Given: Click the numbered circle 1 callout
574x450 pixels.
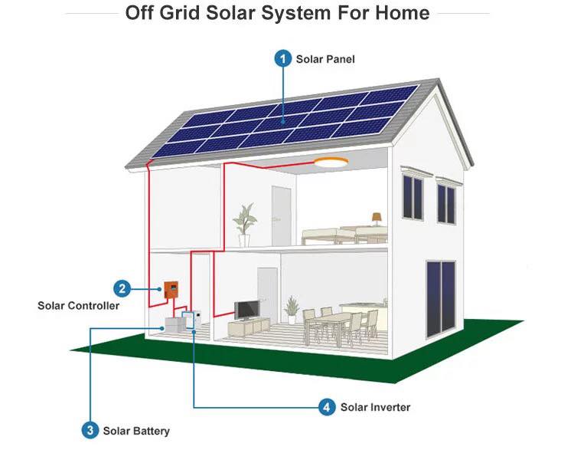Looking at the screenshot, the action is tap(282, 59).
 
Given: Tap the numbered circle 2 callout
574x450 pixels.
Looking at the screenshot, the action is tap(122, 289).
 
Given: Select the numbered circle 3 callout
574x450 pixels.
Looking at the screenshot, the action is tap(90, 430).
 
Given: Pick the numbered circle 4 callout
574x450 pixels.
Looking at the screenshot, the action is tap(327, 407).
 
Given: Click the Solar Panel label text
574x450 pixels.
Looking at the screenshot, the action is tap(325, 59).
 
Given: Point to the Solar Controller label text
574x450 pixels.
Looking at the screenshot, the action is tap(78, 306).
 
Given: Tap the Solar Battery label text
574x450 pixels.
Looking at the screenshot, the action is tap(136, 431).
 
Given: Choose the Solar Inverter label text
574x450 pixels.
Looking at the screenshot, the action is tap(375, 407).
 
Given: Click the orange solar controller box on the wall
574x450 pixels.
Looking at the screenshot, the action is tap(171, 290).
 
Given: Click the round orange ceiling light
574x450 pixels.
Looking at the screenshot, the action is tap(331, 162).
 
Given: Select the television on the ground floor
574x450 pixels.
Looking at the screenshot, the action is tap(247, 310).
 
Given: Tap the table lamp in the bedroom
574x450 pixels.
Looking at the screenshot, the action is tap(377, 219).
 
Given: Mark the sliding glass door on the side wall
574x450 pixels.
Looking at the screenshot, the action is tap(441, 299).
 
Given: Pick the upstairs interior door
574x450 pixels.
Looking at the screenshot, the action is tap(281, 216).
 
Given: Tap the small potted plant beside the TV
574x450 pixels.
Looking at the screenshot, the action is tap(292, 310).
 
